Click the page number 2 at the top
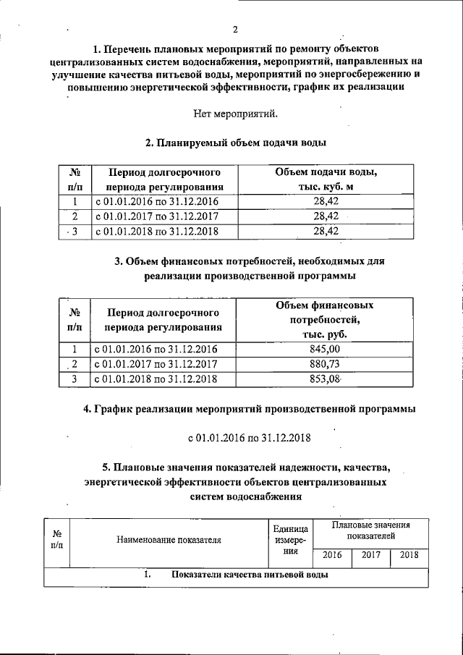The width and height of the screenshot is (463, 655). [x=236, y=30]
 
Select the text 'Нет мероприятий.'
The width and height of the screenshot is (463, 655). [x=235, y=114]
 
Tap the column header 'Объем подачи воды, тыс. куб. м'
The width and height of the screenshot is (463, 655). [x=326, y=180]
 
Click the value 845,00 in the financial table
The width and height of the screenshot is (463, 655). [x=324, y=349]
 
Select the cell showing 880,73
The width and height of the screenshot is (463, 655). [x=324, y=364]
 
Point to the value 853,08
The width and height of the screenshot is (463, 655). [x=324, y=379]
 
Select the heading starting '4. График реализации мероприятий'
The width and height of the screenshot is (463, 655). [x=250, y=409]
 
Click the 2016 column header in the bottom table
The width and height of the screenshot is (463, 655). [x=332, y=555]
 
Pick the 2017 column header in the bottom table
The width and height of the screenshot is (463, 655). [x=370, y=555]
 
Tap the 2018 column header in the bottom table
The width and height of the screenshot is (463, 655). [x=409, y=555]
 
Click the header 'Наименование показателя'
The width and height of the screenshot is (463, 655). [x=166, y=539]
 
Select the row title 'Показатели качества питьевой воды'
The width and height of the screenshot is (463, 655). [x=250, y=575]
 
